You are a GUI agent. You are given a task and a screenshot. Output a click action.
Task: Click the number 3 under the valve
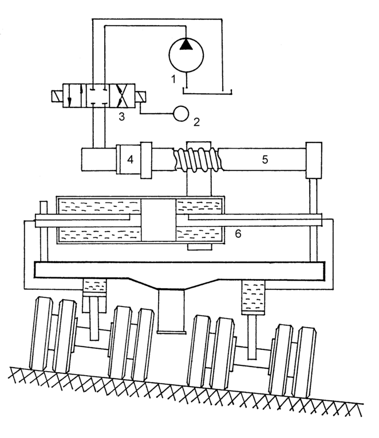[x=121, y=117]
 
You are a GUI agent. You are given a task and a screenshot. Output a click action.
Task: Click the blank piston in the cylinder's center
[x=159, y=220]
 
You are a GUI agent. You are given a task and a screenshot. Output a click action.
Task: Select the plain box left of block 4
[x=98, y=159]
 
